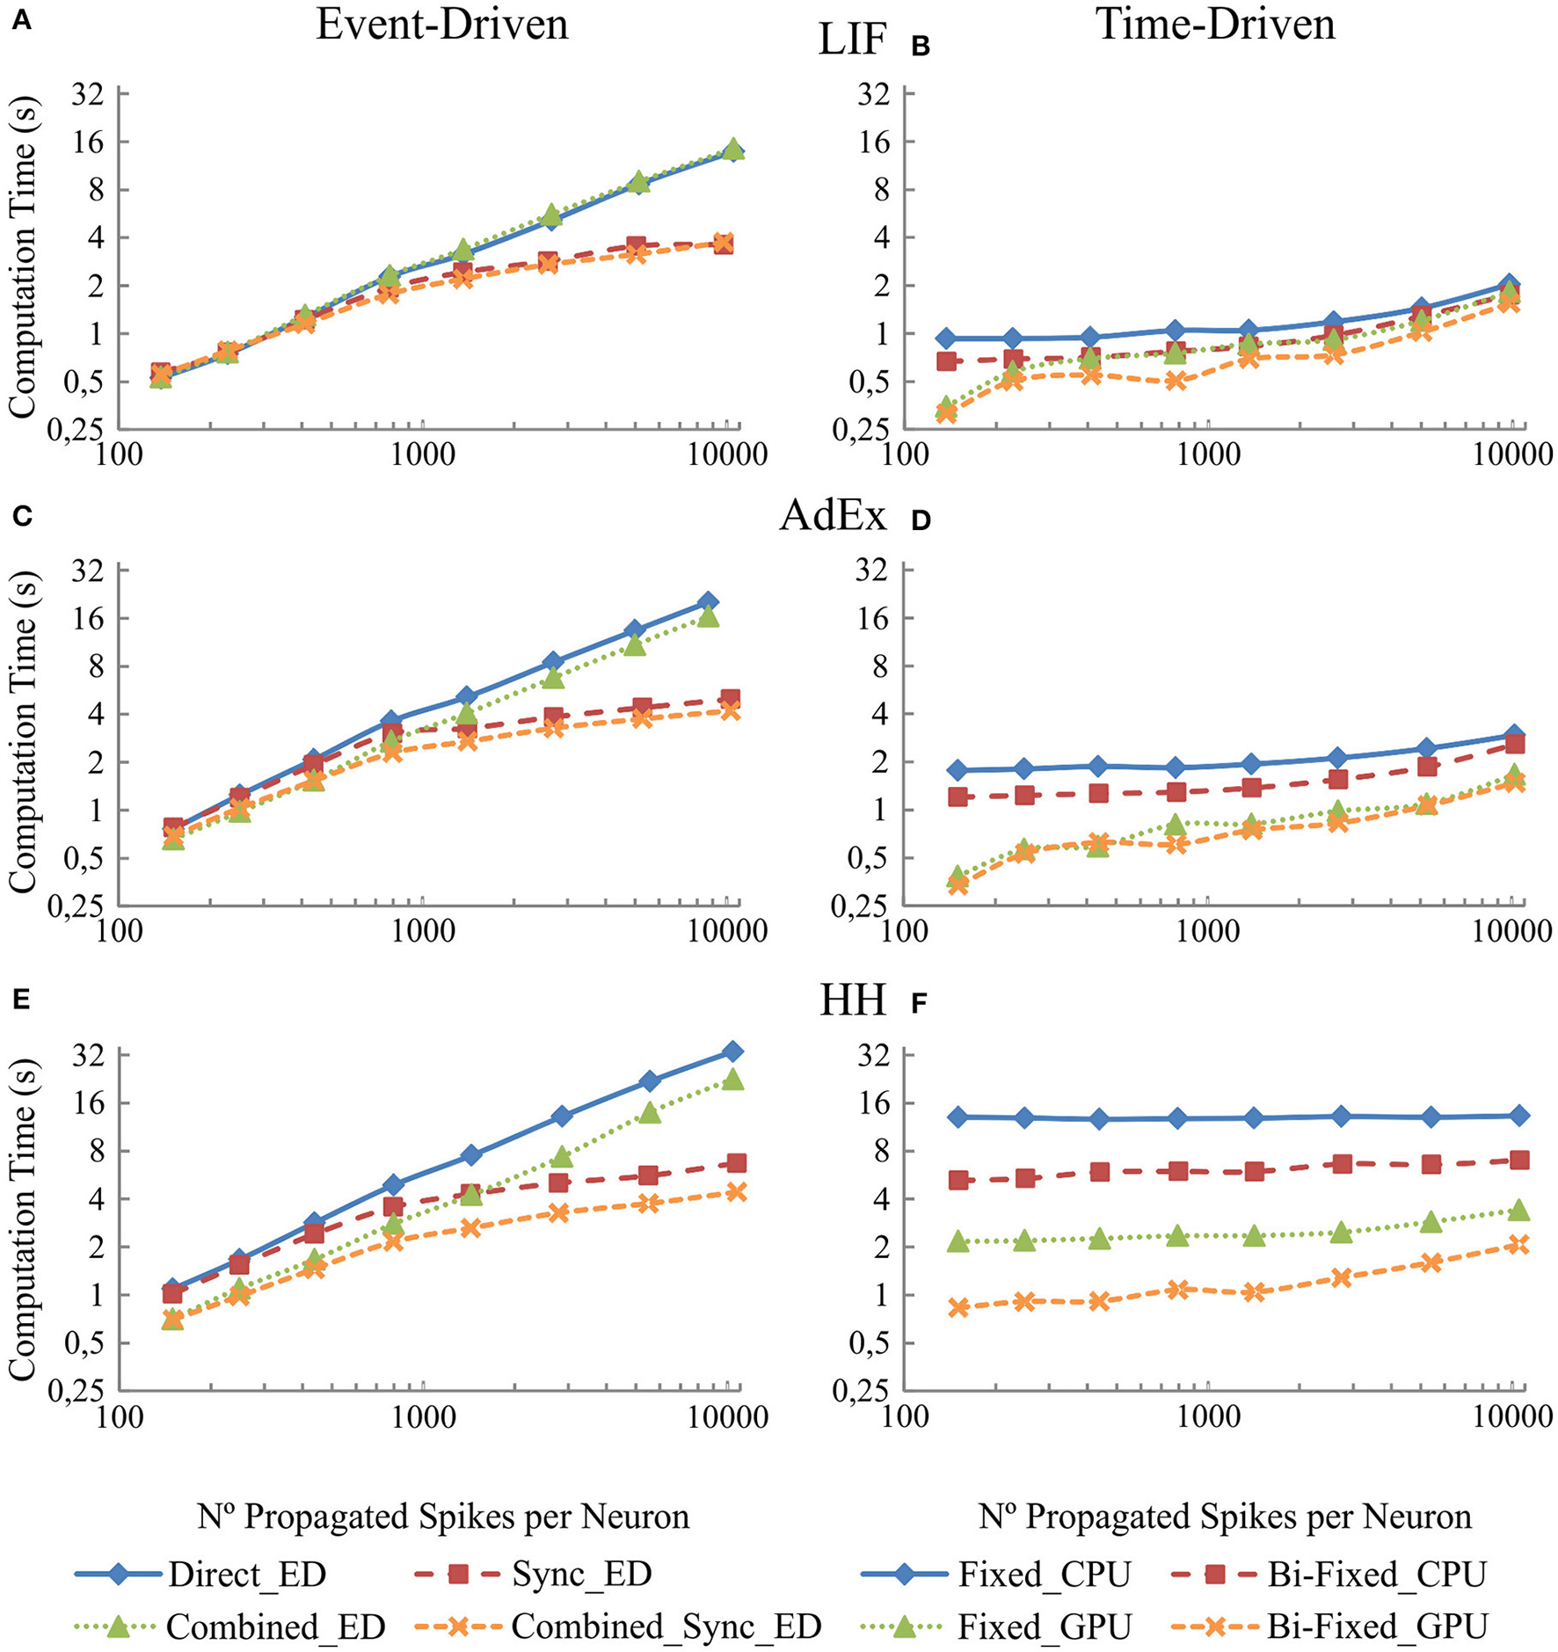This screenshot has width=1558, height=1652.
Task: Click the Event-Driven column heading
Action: pos(442,25)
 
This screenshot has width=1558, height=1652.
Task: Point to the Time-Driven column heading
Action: pos(1215,25)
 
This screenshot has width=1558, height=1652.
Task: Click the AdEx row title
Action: pos(833,516)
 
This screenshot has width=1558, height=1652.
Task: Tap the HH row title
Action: pos(852,1001)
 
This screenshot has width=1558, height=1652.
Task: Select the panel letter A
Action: pos(21,21)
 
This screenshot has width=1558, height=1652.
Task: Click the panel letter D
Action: pos(921,520)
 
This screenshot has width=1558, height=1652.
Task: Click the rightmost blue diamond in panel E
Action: pos(732,1052)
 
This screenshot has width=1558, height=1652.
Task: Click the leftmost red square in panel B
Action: pos(946,360)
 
